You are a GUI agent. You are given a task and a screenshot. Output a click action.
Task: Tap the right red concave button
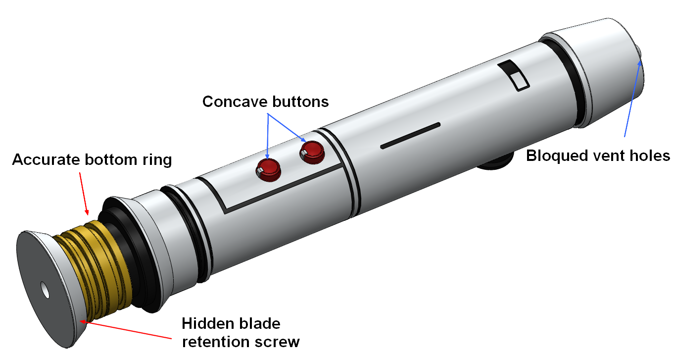point(311,151)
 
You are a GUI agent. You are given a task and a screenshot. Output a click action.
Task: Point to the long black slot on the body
point(410,135)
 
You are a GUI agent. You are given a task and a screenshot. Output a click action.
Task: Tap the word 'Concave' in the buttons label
point(235,102)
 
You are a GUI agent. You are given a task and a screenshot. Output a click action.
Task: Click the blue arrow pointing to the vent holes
point(633,99)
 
